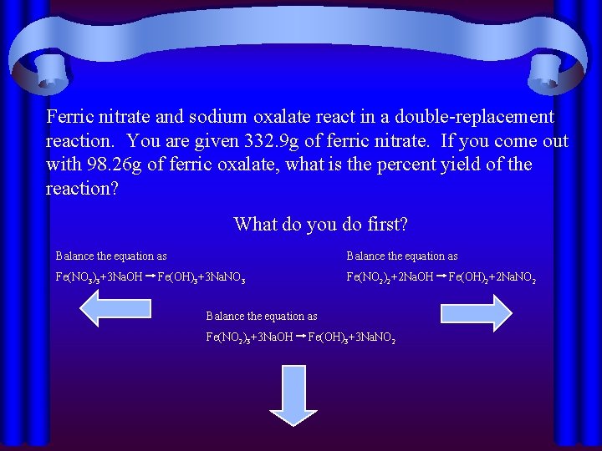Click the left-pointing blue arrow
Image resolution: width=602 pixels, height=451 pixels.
point(115,311)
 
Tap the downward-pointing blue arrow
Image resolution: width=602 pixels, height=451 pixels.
point(293,393)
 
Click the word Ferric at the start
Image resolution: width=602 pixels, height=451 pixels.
point(73,117)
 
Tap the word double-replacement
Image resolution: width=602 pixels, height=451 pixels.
point(473,117)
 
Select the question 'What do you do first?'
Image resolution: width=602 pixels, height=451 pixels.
point(320,224)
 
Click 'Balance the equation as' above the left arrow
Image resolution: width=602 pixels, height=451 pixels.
point(111,256)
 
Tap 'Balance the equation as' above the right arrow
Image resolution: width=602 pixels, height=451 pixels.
point(402,256)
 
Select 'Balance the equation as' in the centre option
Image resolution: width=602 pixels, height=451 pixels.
point(262,317)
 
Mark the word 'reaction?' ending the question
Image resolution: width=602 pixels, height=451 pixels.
point(82,189)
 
